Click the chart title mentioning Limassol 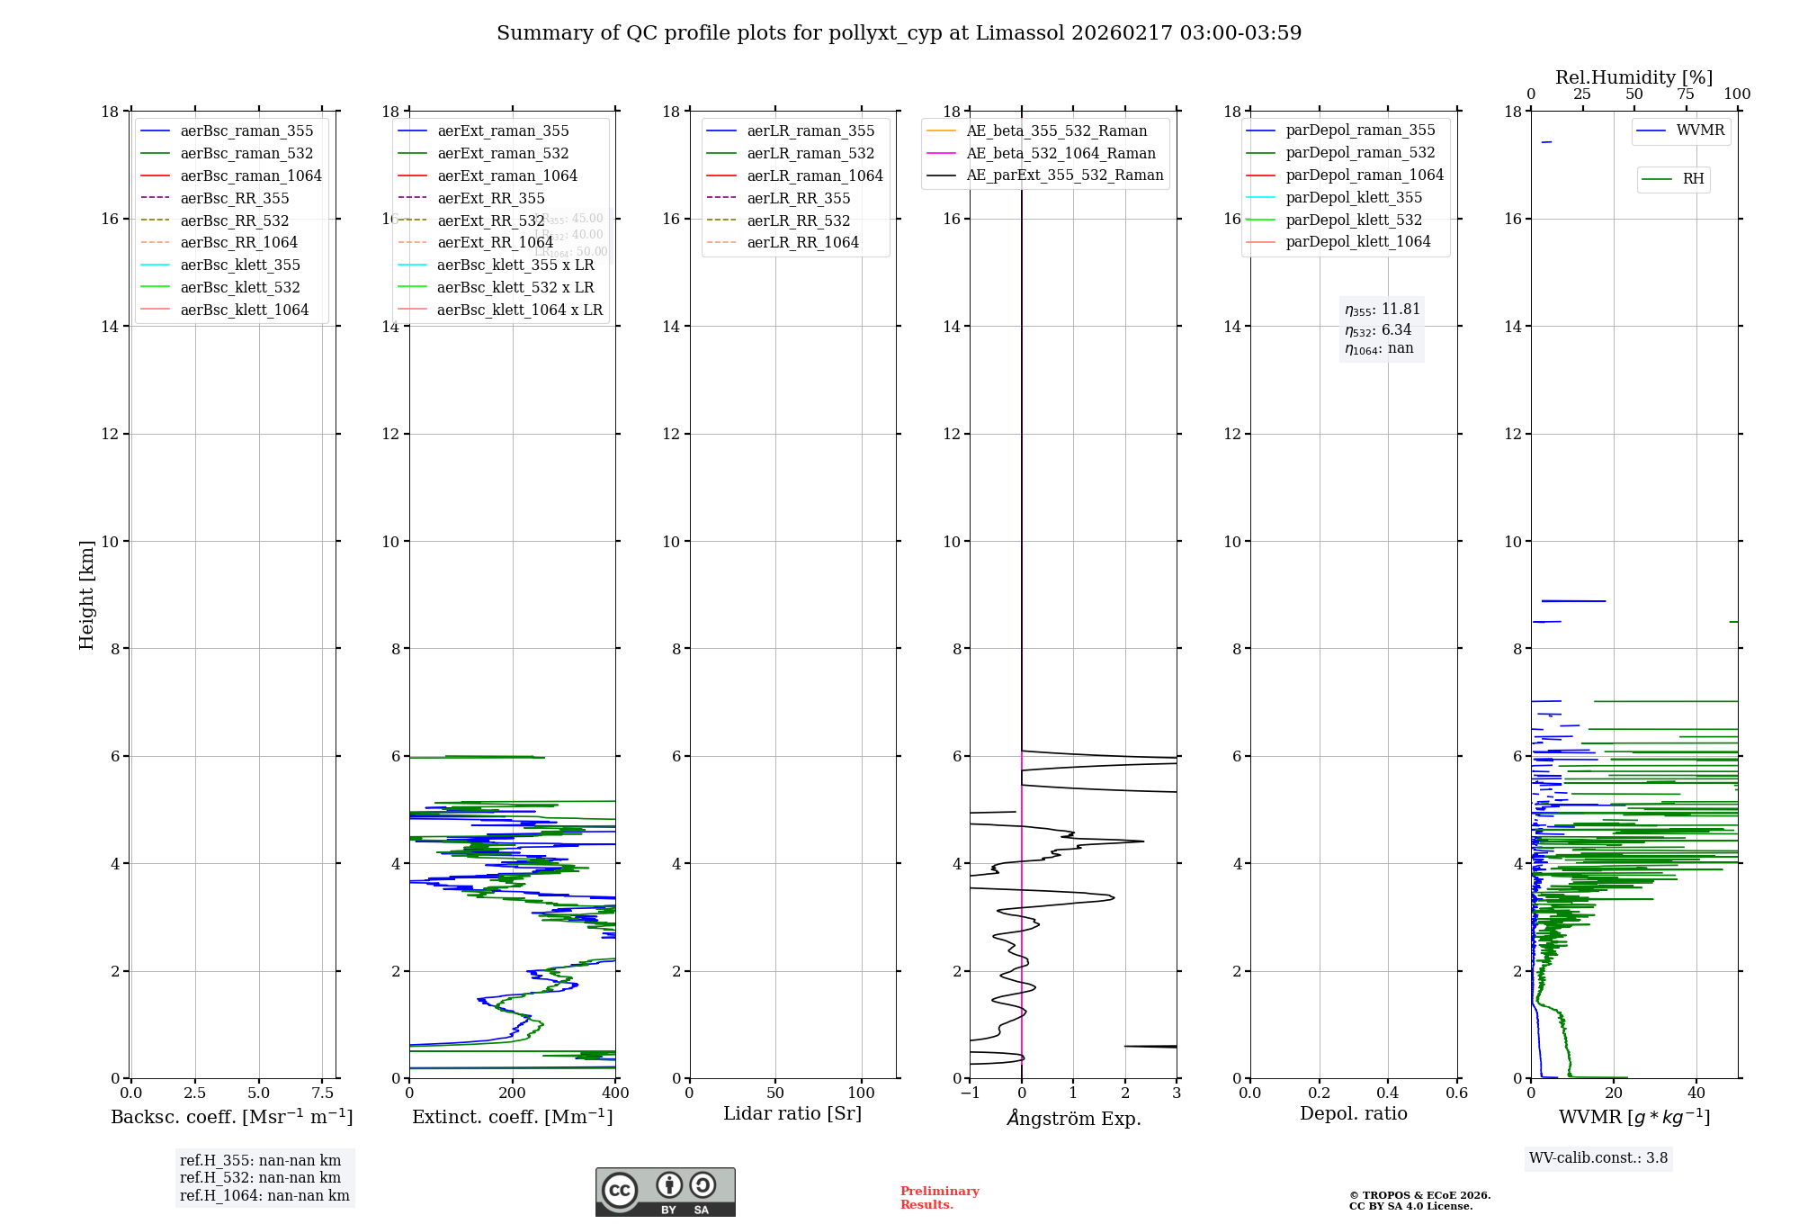tap(899, 33)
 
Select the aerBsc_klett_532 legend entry tap(239, 287)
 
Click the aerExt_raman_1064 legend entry tap(507, 175)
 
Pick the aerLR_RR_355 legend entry tap(798, 198)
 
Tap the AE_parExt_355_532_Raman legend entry tap(1064, 175)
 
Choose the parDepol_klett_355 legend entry tap(1354, 197)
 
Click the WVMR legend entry tap(1700, 130)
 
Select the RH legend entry tap(1693, 179)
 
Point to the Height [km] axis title tap(86, 595)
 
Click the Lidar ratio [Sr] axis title tap(792, 1113)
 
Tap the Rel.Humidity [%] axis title tap(1633, 77)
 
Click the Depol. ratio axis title tap(1353, 1113)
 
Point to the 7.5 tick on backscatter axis tap(322, 1093)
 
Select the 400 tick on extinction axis tap(615, 1093)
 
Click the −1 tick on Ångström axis tap(970, 1093)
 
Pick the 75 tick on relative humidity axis tap(1685, 94)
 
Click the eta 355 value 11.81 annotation tap(1382, 310)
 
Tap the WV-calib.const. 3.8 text tap(1598, 1158)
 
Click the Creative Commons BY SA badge tap(665, 1192)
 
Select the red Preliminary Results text tap(939, 1198)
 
